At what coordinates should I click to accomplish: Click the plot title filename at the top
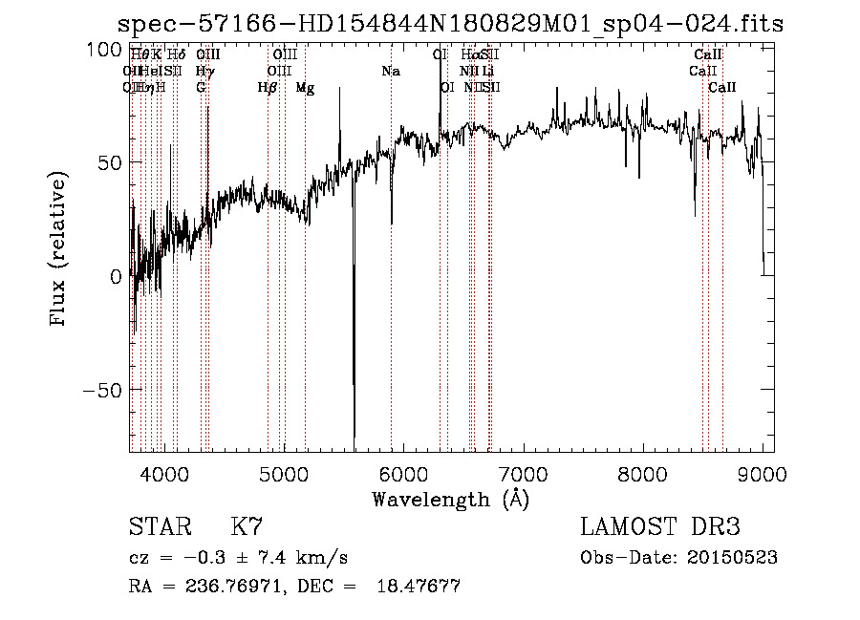(449, 24)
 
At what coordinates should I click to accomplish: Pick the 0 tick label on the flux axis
(116, 276)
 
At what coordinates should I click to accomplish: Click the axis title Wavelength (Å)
(450, 499)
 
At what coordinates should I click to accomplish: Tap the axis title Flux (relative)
(59, 250)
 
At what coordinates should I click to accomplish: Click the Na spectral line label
(390, 72)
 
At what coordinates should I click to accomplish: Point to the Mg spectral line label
(305, 88)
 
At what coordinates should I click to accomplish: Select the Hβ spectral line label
(268, 88)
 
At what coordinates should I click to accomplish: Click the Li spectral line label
(488, 72)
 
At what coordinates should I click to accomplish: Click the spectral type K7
(247, 527)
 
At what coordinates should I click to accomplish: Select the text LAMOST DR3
(659, 527)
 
